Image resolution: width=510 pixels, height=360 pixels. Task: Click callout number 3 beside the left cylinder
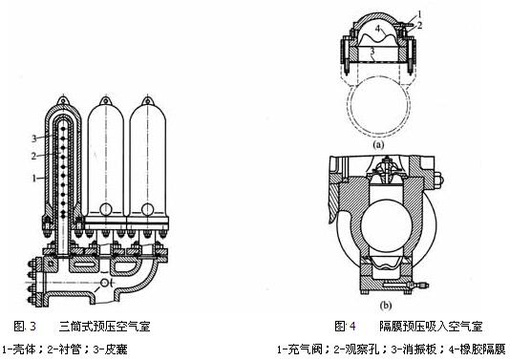[x=33, y=138]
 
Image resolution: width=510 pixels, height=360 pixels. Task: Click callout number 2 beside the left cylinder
[x=33, y=156]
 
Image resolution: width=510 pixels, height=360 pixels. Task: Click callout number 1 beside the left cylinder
[x=33, y=179]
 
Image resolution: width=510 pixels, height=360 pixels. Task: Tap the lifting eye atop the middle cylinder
[x=105, y=101]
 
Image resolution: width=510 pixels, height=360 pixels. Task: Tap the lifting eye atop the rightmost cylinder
[x=148, y=101]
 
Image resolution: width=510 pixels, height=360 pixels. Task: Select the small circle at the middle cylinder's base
[x=106, y=209]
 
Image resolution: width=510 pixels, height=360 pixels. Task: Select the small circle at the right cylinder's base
[x=148, y=209]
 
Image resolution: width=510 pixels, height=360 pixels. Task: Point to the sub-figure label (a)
[x=378, y=145]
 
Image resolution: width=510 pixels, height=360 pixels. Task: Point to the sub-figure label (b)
[x=386, y=306]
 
